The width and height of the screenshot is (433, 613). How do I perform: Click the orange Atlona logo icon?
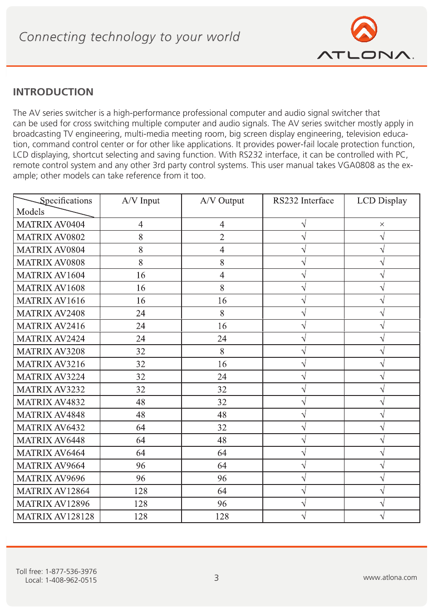(364, 29)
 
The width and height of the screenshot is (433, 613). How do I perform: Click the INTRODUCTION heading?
(53, 92)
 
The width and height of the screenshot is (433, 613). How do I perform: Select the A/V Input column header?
(141, 201)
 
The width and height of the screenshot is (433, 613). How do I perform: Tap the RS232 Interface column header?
(303, 201)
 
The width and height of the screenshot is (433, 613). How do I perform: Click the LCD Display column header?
(382, 201)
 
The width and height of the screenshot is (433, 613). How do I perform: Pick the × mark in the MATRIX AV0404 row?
(382, 224)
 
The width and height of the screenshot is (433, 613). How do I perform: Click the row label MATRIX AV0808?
(51, 262)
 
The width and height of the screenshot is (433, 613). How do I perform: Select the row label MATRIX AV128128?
(55, 516)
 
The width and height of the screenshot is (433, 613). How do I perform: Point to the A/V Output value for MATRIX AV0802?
(222, 237)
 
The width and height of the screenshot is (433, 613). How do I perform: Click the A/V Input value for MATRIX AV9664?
(141, 465)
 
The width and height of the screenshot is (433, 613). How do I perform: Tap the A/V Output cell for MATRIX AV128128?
(222, 516)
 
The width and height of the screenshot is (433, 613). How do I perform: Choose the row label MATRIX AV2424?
(51, 339)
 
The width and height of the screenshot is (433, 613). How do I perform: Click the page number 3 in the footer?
(216, 578)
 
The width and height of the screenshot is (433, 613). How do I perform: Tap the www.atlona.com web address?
(390, 578)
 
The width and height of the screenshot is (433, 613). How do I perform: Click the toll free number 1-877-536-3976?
(71, 571)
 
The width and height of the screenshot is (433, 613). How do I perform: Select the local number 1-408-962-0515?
(71, 580)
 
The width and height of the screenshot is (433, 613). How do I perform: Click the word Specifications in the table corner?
(66, 201)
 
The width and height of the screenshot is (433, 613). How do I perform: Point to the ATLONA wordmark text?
(365, 55)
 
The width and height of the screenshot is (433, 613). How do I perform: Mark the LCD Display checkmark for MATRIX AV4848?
(382, 415)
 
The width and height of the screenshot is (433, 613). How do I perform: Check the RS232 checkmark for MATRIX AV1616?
(304, 301)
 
